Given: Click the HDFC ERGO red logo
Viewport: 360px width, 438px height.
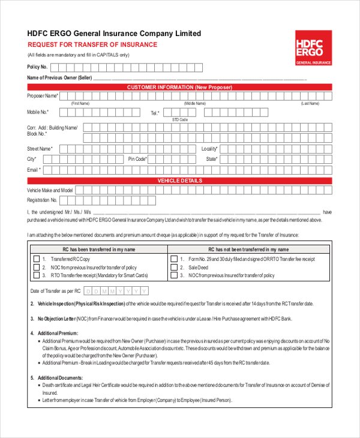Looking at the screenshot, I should coord(313,47).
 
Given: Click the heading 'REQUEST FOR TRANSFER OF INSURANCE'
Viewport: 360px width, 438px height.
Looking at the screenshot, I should coord(92,45).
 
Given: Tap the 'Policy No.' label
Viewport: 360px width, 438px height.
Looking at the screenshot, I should coord(37,67).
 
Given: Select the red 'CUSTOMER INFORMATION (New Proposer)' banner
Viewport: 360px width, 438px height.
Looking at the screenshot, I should coord(179,87).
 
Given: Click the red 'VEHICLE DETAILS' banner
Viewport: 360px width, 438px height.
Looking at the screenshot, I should coord(179,181).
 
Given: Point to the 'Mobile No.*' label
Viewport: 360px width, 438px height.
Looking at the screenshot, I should coord(38,112).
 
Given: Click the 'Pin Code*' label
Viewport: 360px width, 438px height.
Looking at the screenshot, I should coord(137,159).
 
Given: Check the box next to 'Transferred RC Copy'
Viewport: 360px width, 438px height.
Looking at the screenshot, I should coord(36,259).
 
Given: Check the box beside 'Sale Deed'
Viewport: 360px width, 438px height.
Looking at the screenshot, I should coord(174,268).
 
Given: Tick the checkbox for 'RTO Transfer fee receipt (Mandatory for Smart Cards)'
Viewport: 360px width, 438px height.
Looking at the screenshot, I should coord(36,275).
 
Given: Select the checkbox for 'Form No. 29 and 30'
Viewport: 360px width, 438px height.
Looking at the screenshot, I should coord(174,259).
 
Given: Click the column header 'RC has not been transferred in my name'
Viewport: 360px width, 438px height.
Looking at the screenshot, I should coord(248,249).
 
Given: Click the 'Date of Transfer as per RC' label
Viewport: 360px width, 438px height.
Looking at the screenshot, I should coord(55,291).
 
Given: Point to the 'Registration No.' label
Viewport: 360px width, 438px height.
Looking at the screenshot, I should coord(42,200).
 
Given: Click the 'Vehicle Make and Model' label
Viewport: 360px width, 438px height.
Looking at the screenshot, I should coord(50,190).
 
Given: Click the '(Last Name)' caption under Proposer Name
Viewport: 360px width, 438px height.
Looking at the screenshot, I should coord(310,103).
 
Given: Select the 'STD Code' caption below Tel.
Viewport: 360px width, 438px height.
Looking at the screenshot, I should coord(180,120).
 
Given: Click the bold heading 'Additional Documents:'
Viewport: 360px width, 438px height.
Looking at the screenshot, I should coord(60,377).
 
